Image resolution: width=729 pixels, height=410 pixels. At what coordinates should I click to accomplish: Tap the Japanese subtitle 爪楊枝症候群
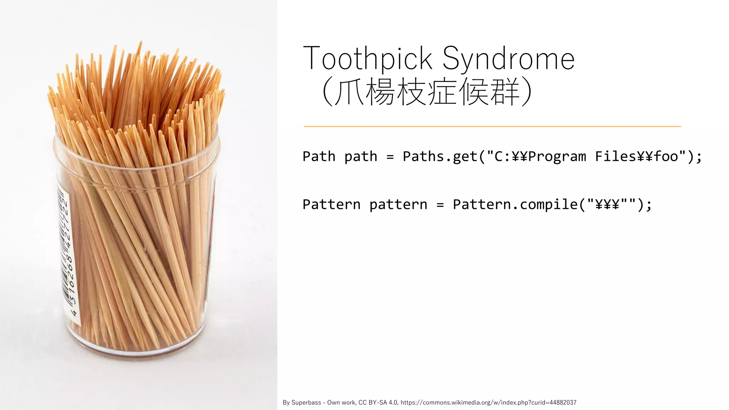[x=427, y=92]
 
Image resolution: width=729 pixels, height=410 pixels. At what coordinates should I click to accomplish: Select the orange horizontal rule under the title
[x=492, y=126]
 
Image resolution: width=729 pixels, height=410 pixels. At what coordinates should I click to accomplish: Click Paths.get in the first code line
[x=440, y=157]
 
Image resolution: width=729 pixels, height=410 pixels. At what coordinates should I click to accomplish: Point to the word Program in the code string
[x=557, y=157]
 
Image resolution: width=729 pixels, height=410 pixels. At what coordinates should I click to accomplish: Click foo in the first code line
[x=666, y=157]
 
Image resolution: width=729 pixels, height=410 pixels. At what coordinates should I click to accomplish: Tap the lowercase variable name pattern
[x=398, y=205]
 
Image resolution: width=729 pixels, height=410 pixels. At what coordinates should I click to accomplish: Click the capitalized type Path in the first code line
[x=319, y=157]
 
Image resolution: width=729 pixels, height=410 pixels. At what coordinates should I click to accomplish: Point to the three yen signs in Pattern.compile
[x=607, y=205]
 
